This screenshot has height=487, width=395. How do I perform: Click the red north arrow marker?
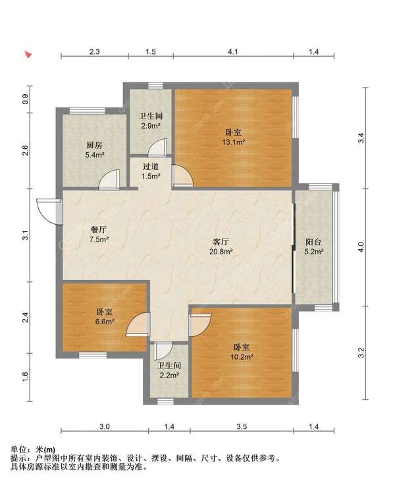coord(28,55)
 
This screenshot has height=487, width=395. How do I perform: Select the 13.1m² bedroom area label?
coord(233,141)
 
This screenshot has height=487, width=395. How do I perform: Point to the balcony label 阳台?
coord(313,241)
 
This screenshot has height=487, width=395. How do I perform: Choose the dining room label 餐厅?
coord(99,230)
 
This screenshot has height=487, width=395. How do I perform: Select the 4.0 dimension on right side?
coord(360,247)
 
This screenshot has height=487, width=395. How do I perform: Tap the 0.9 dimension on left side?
coord(25,100)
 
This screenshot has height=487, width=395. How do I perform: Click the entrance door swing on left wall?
coord(47,210)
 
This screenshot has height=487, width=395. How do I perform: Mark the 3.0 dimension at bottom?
coord(105,427)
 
